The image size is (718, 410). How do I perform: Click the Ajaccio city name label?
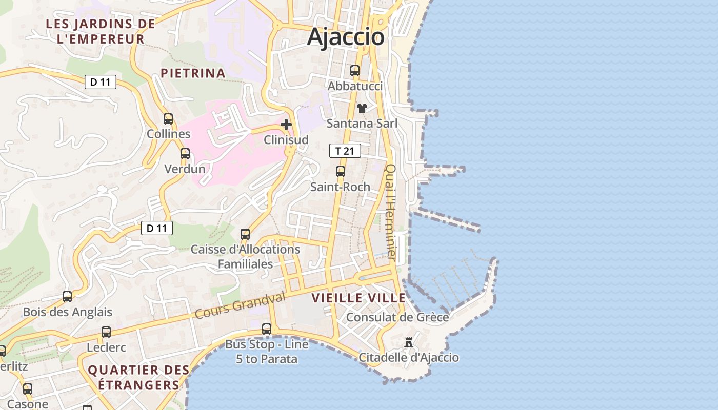pos(346,37)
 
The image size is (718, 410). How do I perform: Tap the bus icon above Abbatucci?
pos(355,71)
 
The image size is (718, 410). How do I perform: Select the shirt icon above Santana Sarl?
pos(362,108)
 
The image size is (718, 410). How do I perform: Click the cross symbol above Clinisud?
pos(286,125)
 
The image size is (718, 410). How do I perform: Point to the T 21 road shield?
pos(345,151)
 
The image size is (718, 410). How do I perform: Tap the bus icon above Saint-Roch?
pos(341,172)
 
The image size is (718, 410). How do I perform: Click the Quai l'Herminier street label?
pos(391,212)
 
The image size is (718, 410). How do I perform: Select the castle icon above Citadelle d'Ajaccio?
pos(409,342)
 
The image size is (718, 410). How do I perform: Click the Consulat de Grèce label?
pos(397,317)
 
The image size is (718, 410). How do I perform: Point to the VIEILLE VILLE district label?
pos(358,298)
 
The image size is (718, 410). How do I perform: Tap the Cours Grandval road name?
pos(240,305)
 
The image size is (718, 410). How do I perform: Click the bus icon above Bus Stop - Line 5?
pos(267,329)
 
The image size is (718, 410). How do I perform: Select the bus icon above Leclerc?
pos(106,332)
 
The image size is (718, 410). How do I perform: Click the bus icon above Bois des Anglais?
pos(67,297)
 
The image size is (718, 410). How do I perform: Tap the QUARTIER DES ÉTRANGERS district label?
pos(138,377)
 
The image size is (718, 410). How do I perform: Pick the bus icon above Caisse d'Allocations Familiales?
pos(245,234)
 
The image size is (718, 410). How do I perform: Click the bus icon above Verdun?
pos(185,154)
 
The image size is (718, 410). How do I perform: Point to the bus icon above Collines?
pos(168,119)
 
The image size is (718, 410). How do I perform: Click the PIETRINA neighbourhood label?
pos(193,73)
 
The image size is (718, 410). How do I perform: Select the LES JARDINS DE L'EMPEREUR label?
pos(101,31)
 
